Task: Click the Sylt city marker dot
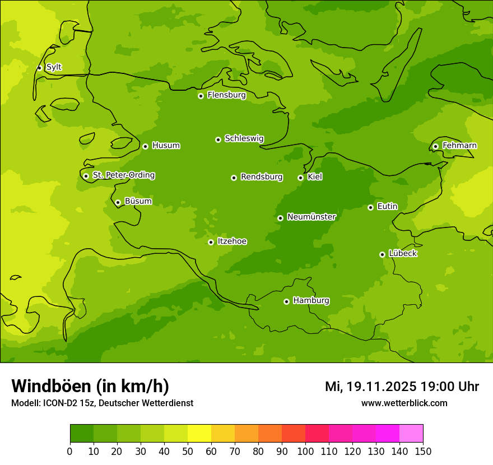pos(39,68)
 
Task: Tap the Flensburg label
pos(226,95)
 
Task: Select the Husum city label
pos(166,146)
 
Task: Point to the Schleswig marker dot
pos(218,139)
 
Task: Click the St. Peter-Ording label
pos(123,175)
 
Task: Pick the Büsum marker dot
pos(118,202)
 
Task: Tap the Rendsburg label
pos(262,177)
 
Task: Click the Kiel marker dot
pos(300,178)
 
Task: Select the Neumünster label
pos(311,217)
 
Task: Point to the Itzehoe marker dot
pos(211,242)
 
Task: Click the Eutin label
pos(387,207)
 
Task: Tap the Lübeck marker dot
pos(382,254)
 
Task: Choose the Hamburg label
pos(311,301)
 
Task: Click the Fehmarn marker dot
pos(435,146)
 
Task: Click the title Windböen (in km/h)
pos(90,386)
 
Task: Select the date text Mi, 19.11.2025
pos(370,387)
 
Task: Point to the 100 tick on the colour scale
pos(305,451)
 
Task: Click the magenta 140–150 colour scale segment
pos(411,433)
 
